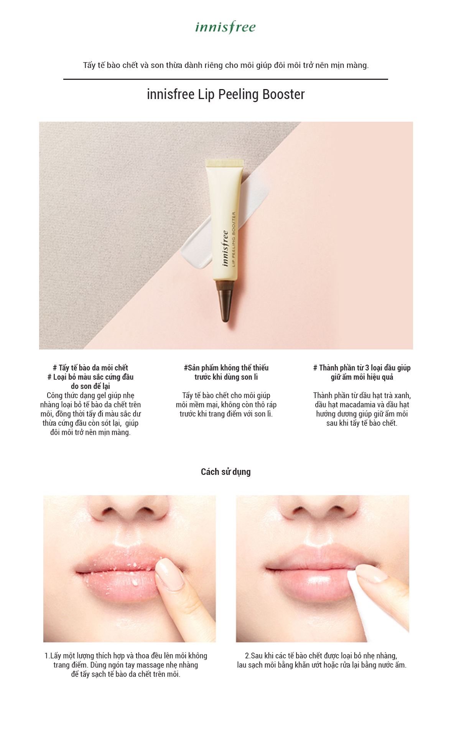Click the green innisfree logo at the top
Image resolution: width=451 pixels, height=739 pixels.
(x=225, y=27)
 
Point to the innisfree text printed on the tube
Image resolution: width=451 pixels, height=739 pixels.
(x=225, y=248)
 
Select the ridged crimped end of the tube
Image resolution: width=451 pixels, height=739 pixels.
(x=225, y=163)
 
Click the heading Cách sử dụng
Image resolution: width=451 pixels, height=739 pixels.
(x=225, y=472)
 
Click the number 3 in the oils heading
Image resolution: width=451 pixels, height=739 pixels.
(x=367, y=368)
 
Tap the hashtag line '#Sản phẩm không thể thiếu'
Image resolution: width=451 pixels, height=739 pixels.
(x=226, y=368)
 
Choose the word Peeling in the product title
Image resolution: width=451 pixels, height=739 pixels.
(x=238, y=94)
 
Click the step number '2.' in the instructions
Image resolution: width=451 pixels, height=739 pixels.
(x=248, y=656)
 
